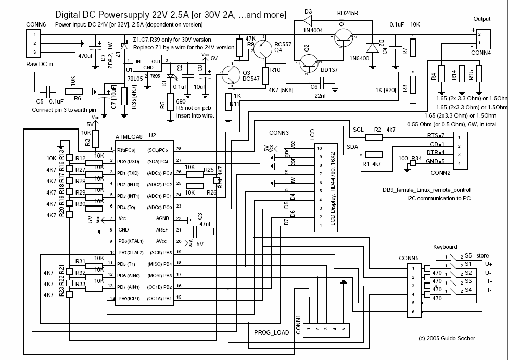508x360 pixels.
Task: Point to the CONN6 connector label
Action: coord(35,24)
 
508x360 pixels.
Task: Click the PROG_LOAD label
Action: coord(271,332)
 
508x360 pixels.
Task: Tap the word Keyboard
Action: coord(445,247)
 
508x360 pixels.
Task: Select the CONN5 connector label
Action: coord(409,258)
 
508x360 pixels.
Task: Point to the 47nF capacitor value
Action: coord(204,224)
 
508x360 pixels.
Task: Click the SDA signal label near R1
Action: coord(352,146)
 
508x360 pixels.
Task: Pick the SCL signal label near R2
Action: coord(358,129)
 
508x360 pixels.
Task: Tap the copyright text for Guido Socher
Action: coord(446,338)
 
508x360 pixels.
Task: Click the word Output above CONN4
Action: coord(482,19)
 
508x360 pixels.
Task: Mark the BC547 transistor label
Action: coord(251,79)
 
